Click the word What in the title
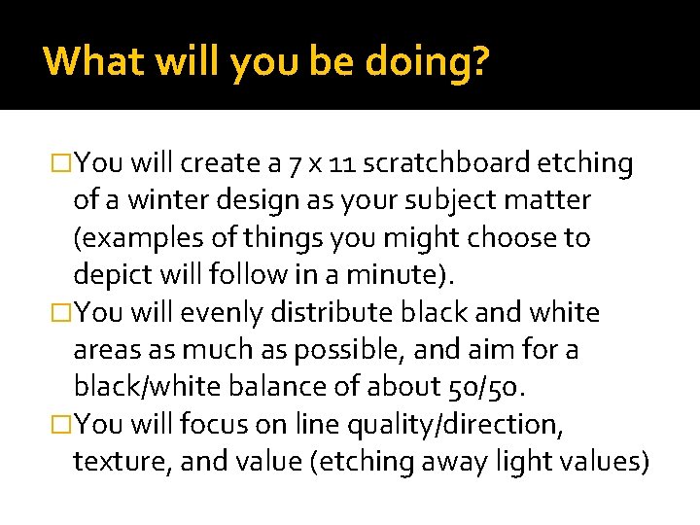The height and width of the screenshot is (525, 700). [88, 61]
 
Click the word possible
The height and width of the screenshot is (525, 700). [373, 349]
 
